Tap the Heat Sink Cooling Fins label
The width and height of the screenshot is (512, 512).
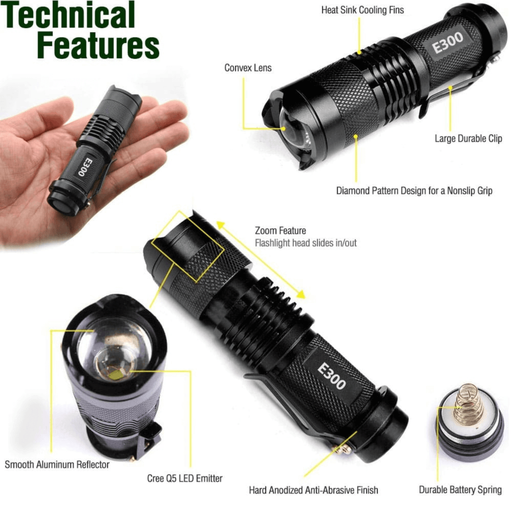click(362, 10)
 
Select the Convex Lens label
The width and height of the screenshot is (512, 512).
click(248, 68)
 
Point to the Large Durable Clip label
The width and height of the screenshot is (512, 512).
click(468, 138)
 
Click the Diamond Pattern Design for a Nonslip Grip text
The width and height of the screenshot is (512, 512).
click(414, 190)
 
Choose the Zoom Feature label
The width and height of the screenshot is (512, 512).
click(280, 231)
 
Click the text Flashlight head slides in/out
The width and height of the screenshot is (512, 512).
click(306, 243)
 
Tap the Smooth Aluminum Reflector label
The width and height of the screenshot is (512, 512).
click(57, 464)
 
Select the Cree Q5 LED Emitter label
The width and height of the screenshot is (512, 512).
click(185, 478)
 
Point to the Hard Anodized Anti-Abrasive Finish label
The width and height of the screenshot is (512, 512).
click(313, 490)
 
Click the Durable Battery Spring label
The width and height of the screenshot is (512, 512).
click(460, 490)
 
